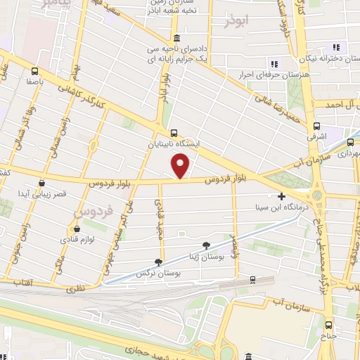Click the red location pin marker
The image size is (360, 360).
(181, 166)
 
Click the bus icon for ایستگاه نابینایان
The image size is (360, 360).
(174, 132)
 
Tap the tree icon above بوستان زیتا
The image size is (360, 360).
(206, 245)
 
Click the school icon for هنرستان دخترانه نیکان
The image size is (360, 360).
(335, 46)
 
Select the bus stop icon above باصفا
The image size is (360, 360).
(34, 70)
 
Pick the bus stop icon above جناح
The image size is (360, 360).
(329, 325)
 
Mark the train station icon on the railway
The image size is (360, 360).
(252, 281)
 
